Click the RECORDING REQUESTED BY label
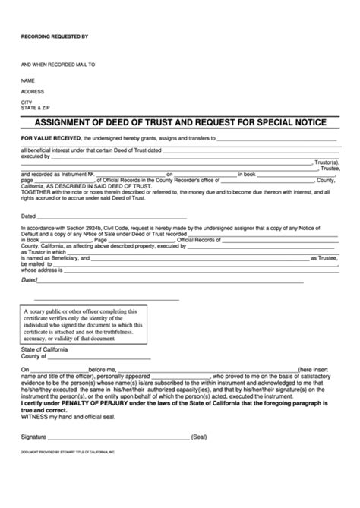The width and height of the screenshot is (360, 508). click(x=55, y=36)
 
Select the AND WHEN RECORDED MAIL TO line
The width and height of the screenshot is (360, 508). click(x=58, y=65)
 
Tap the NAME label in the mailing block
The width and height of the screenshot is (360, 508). click(x=28, y=80)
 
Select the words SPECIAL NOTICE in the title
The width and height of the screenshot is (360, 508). click(x=293, y=122)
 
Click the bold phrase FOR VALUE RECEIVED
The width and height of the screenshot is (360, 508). click(x=50, y=139)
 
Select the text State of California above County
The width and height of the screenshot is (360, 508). click(x=45, y=349)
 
